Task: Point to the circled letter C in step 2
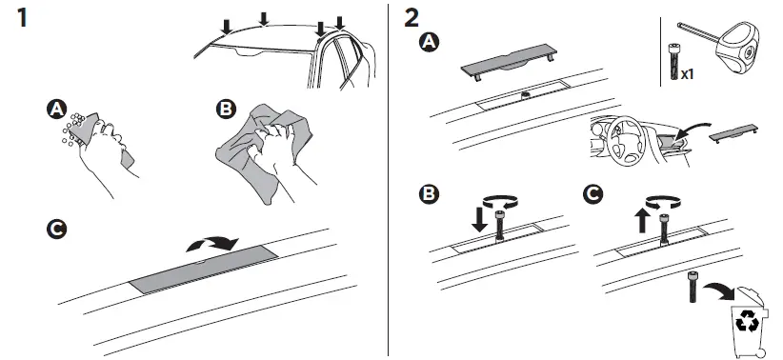pos(593,195)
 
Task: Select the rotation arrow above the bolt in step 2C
pos(665,203)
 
